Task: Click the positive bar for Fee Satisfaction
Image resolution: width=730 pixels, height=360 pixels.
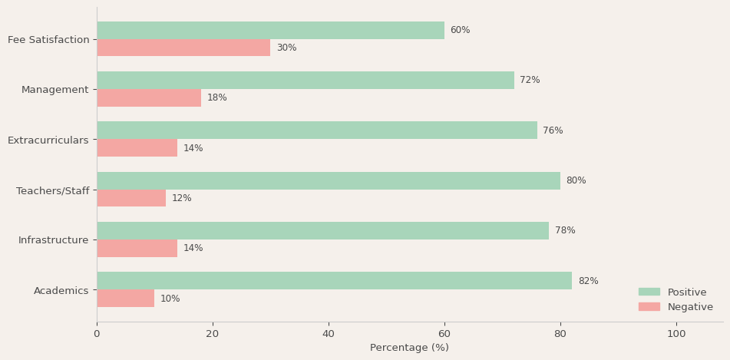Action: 270,31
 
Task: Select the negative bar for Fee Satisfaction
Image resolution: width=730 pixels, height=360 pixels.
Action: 183,48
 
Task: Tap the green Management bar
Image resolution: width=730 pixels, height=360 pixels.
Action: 306,81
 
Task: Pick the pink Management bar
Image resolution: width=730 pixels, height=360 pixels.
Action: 149,97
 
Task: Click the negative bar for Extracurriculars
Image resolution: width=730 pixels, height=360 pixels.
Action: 137,148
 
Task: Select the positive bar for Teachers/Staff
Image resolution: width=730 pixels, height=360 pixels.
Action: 329,181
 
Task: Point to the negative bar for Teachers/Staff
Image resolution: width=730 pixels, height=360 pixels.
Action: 131,198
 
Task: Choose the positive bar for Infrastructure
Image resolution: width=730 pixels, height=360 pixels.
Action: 322,231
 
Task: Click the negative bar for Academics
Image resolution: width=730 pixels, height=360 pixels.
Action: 126,299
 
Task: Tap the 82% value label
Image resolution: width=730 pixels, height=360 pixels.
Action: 588,281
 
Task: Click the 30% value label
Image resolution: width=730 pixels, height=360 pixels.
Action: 286,48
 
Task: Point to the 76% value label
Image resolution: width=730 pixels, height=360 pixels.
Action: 553,130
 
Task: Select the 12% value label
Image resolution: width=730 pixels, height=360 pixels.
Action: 182,198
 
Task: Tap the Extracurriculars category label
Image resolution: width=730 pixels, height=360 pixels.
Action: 48,140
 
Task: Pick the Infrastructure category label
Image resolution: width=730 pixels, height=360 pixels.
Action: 54,240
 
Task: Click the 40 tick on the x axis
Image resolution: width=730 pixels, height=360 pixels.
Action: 329,334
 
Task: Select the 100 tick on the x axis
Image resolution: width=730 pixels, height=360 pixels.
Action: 676,334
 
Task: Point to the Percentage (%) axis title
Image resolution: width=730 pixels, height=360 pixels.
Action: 409,348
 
